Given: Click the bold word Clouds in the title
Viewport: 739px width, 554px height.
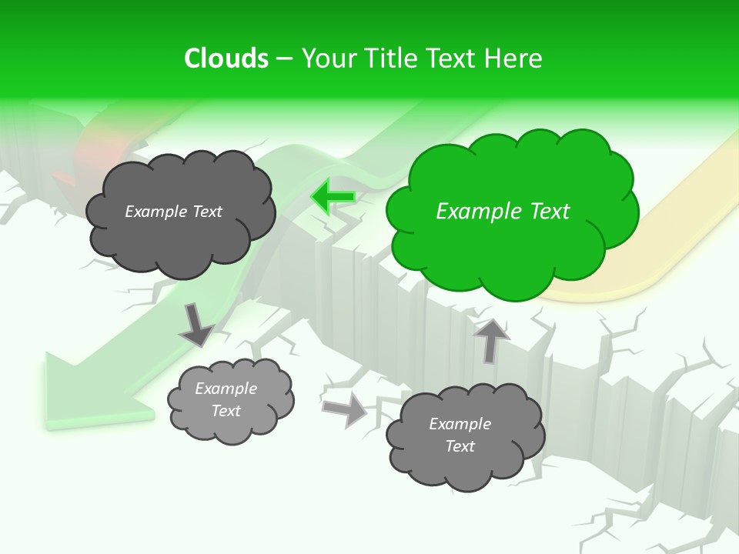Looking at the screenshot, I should click(226, 58).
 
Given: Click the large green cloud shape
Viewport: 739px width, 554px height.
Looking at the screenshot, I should click(512, 208).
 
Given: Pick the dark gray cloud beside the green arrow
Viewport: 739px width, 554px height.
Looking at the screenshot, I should click(179, 212).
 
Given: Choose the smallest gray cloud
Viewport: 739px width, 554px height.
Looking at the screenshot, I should click(229, 400).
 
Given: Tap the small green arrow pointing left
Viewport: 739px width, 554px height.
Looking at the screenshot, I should click(333, 197).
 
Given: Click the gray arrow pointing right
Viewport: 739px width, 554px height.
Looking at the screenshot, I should click(346, 410).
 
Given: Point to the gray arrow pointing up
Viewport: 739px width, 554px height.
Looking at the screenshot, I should click(492, 339).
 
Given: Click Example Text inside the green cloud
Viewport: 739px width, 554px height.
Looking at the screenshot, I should click(503, 212).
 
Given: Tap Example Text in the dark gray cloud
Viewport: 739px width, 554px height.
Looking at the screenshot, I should click(173, 212).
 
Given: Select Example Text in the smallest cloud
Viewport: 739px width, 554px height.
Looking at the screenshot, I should click(226, 400).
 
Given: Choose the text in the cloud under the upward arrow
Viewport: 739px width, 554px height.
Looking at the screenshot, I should click(460, 436).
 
